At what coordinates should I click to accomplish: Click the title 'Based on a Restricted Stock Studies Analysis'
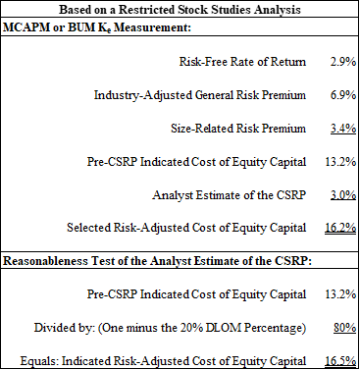tap(180, 9)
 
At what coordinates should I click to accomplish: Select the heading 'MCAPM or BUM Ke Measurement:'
tap(86, 29)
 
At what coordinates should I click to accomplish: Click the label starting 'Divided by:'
tap(198, 325)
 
